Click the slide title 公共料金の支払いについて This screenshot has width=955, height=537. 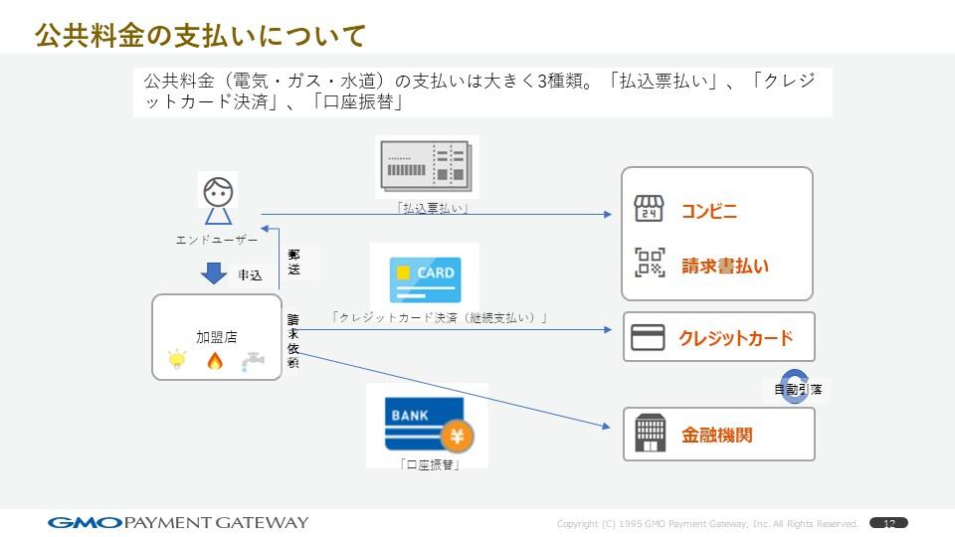(x=200, y=36)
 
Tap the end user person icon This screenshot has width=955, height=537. (x=218, y=199)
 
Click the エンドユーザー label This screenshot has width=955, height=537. (x=216, y=240)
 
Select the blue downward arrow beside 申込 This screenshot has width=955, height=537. (x=215, y=272)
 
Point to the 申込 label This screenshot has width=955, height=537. (x=250, y=275)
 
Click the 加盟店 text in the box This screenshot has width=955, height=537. (x=216, y=337)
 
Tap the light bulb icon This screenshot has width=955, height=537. (x=178, y=360)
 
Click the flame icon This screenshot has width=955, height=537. (x=215, y=360)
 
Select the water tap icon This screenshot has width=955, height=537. (x=253, y=361)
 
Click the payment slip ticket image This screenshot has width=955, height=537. (x=425, y=167)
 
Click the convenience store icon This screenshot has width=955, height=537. (x=649, y=209)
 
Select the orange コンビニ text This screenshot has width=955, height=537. (x=708, y=211)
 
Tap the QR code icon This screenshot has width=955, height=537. (x=650, y=263)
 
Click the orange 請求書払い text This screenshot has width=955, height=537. (x=724, y=266)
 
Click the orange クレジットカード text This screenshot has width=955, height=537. (x=735, y=338)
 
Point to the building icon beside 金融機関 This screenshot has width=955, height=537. (x=650, y=434)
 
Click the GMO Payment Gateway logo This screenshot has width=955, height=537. (x=178, y=522)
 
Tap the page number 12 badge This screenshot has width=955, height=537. (x=888, y=523)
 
